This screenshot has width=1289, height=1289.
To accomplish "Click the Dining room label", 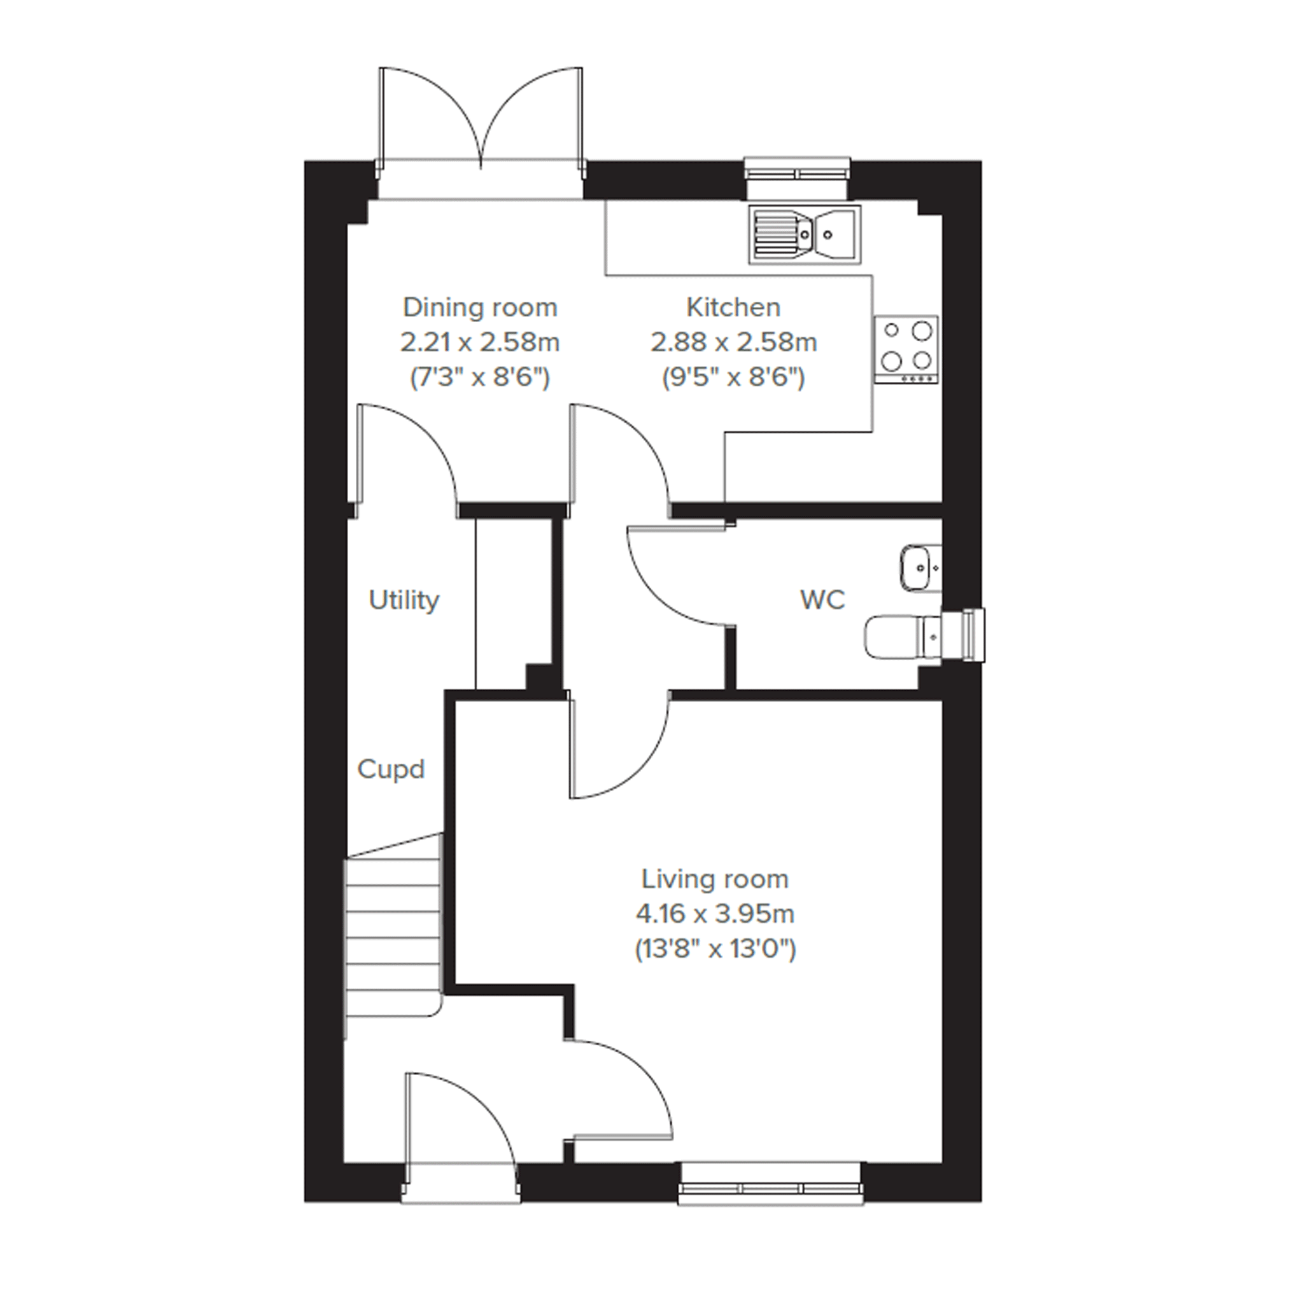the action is pos(480,308).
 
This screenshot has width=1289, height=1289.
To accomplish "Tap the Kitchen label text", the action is pos(733,307).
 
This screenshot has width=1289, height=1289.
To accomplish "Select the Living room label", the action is pos(715,879).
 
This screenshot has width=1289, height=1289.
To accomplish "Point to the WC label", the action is pos(822,600).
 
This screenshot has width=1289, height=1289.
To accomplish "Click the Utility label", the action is pos(404,600).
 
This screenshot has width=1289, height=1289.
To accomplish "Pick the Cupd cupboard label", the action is pos(391,770).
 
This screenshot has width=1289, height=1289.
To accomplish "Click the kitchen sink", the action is pos(805,234).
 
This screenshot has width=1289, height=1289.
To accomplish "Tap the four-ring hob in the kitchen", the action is pos(906,349).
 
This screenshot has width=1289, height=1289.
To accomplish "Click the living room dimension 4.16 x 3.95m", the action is pos(715,913).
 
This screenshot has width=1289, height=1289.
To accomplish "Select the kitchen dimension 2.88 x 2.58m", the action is pos(733,342).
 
